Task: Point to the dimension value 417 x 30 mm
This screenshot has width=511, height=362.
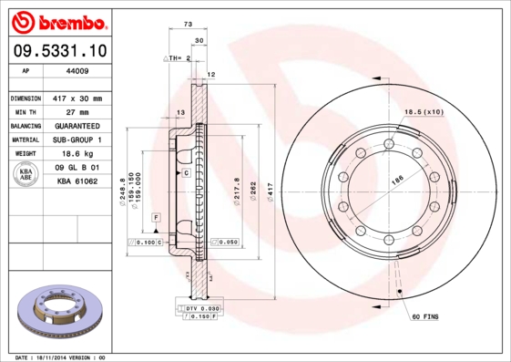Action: pyautogui.click(x=77, y=98)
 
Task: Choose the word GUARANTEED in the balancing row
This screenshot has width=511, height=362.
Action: pyautogui.click(x=77, y=125)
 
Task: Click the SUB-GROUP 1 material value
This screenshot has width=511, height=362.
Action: pyautogui.click(x=77, y=140)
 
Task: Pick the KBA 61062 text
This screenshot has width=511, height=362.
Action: pyautogui.click(x=77, y=181)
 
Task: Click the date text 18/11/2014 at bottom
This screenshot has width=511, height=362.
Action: pyautogui.click(x=63, y=357)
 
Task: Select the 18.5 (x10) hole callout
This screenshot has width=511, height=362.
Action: pyautogui.click(x=423, y=111)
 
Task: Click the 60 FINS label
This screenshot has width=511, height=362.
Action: pyautogui.click(x=425, y=315)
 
